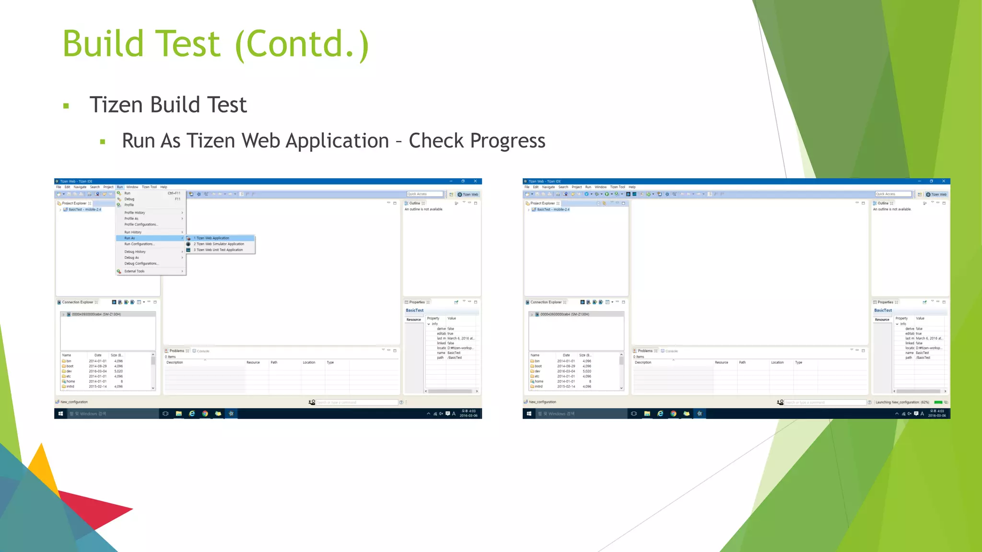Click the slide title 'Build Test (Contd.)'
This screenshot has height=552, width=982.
216,44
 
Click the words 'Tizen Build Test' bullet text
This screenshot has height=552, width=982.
168,104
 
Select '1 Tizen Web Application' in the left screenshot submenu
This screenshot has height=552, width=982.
212,238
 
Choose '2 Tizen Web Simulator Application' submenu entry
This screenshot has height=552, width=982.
219,244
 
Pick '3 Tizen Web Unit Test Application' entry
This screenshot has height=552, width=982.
218,250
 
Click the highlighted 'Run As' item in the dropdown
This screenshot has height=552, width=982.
130,238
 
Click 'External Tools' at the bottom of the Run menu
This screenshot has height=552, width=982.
134,271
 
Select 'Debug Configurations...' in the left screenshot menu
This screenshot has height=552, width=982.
141,264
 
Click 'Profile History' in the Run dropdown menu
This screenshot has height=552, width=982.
135,213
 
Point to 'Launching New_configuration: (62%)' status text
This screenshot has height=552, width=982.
902,402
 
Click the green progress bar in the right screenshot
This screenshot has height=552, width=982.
938,402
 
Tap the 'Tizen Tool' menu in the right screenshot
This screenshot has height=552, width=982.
617,187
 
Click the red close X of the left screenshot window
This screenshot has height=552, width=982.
475,181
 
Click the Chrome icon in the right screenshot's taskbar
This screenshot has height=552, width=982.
673,414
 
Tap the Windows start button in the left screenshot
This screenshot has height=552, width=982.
61,414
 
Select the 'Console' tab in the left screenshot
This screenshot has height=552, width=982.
203,351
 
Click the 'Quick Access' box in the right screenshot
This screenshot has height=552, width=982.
893,194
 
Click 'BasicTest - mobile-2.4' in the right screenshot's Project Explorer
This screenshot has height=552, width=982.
553,209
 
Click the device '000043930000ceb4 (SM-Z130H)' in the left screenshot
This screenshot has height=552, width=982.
96,314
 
